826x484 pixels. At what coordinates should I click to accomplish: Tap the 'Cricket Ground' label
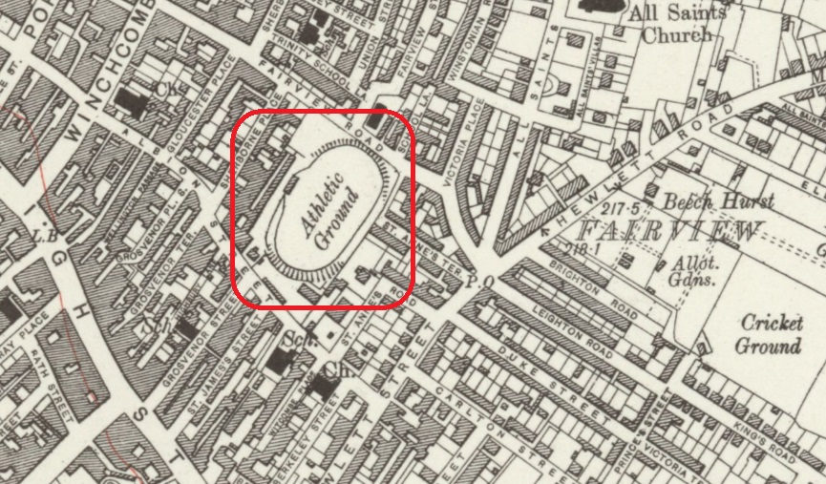click(x=769, y=333)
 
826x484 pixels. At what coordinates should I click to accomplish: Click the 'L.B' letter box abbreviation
click(x=43, y=235)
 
